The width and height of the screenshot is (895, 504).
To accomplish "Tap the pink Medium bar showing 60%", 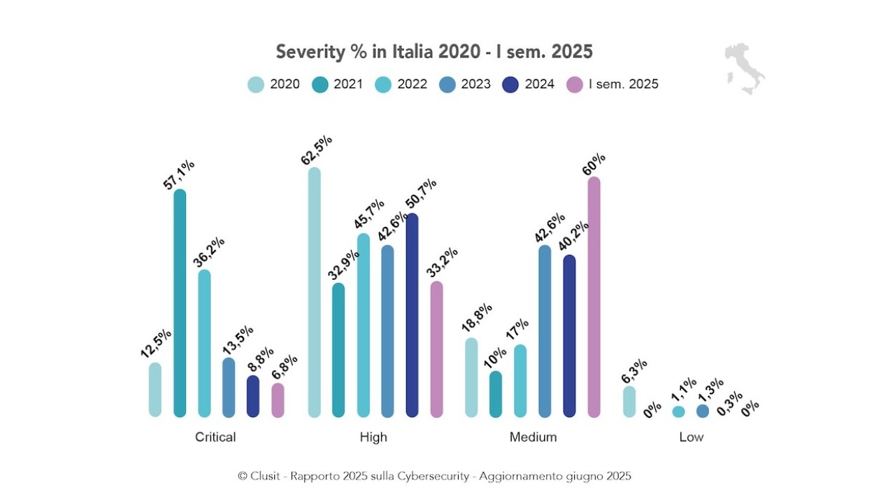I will (x=594, y=297).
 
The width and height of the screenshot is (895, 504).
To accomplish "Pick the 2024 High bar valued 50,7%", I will (x=412, y=315).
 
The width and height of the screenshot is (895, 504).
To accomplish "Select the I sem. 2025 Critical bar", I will (x=278, y=400).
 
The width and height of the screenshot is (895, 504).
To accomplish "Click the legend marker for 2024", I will (x=512, y=85).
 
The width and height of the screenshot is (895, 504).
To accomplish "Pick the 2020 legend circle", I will (x=256, y=85).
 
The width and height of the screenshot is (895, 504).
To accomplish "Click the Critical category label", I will (x=215, y=437).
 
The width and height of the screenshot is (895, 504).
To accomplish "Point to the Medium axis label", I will (x=533, y=437).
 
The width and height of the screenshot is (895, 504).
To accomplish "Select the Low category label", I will (x=691, y=437).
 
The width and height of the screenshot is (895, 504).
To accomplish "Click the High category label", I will (x=373, y=437).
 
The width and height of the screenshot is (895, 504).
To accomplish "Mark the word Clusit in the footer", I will (x=266, y=476).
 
